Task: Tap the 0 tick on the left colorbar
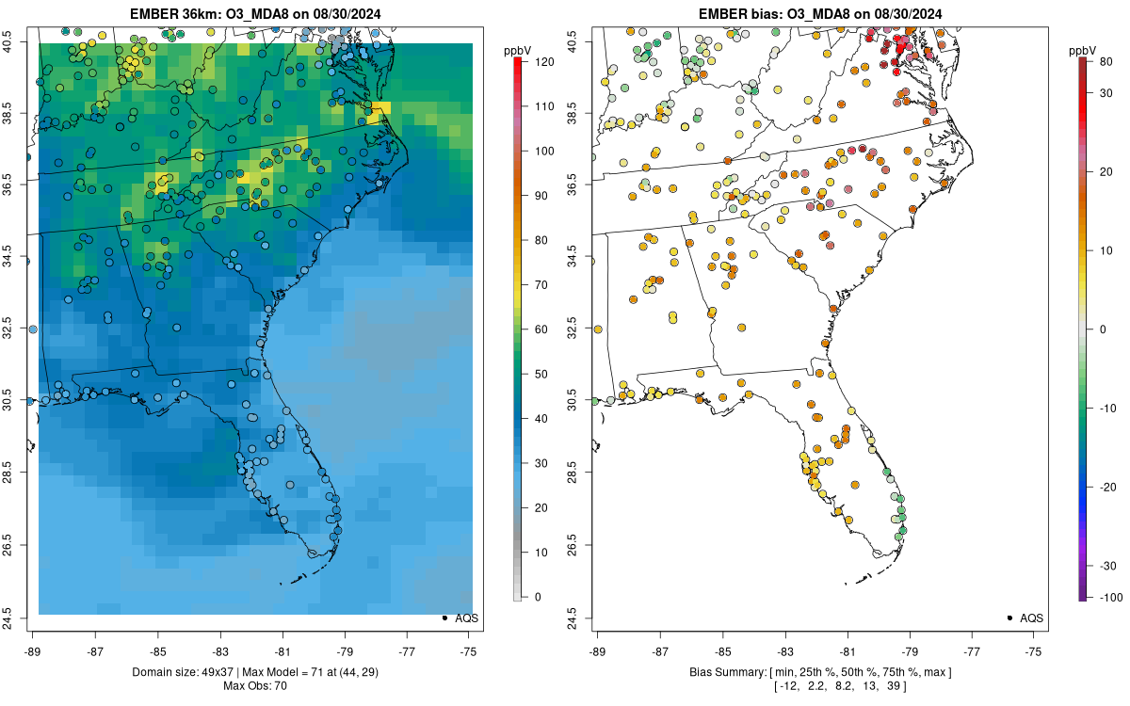coord(538,597)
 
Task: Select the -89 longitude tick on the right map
coord(597,650)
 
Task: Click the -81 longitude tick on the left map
coord(282,650)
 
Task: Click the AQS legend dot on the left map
coord(444,618)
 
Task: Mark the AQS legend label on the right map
coord(1032,618)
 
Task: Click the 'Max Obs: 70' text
coord(255,686)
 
